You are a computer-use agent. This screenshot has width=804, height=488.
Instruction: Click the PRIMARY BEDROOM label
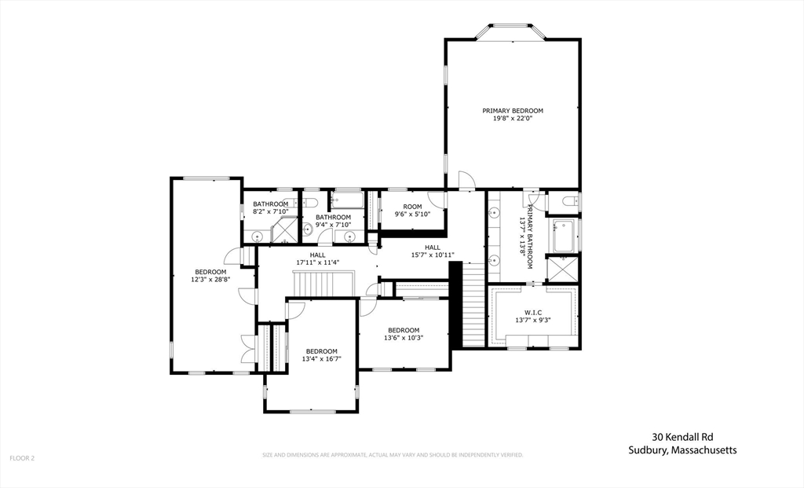coord(513,111)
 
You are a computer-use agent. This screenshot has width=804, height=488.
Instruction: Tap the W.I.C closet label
coord(533,312)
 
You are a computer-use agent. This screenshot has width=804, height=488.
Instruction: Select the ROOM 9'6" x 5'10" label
coord(412,207)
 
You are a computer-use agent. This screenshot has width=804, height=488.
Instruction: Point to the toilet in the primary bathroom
coord(571,202)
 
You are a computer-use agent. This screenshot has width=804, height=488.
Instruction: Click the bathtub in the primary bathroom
coord(564,236)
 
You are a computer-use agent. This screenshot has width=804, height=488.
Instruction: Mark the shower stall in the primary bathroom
coord(563,269)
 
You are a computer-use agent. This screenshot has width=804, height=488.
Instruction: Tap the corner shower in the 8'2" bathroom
coord(283,232)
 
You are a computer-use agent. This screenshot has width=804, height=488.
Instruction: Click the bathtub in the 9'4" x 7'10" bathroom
coord(346,200)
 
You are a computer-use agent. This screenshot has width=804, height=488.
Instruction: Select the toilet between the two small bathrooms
coord(309,202)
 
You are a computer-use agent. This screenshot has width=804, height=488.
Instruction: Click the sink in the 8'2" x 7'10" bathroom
coord(257,235)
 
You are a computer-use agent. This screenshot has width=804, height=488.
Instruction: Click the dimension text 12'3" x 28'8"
coord(210,279)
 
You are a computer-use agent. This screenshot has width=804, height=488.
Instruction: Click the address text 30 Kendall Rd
coord(682,437)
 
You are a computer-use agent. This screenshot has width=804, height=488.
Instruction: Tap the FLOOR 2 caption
coord(22,457)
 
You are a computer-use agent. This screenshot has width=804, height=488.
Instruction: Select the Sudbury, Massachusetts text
coord(682,450)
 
